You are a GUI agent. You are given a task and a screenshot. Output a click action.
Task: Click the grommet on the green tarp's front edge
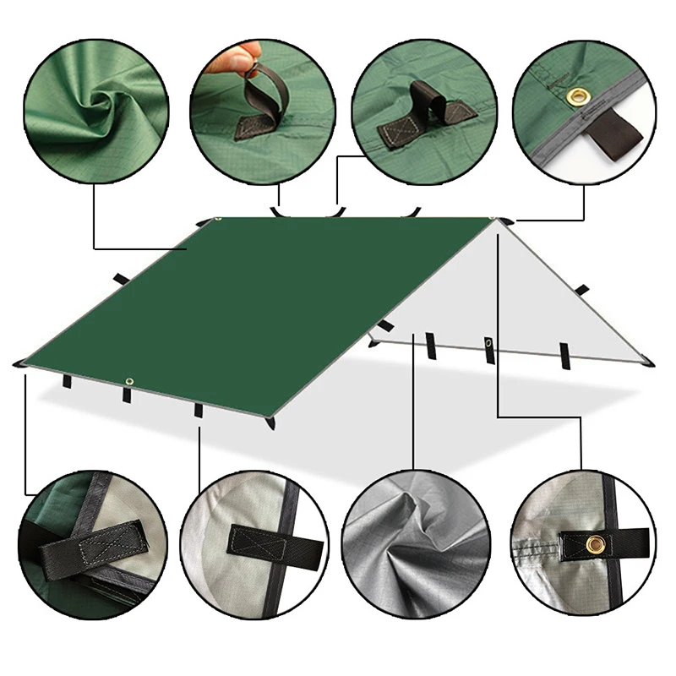(x=129, y=382)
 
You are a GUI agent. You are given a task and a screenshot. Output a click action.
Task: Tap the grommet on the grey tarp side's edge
(x=489, y=342)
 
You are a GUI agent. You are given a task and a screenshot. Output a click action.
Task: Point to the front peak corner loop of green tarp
(x=270, y=421)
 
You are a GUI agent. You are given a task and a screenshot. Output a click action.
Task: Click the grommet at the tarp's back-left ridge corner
(x=218, y=221)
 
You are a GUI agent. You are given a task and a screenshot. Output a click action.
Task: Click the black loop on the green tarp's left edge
(x=119, y=277)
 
